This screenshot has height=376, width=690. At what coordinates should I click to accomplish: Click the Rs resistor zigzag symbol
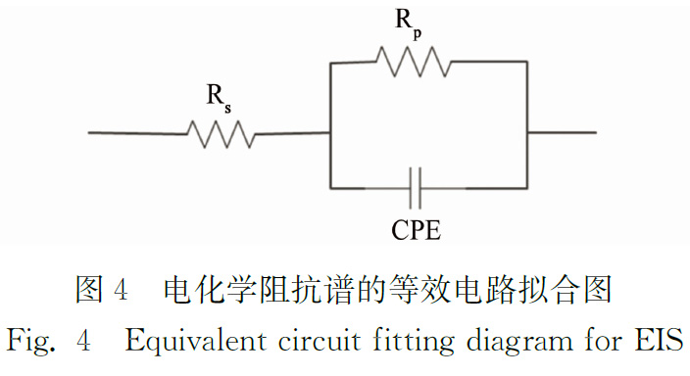(x=222, y=134)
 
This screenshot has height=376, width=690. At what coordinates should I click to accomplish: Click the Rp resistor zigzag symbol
(x=414, y=62)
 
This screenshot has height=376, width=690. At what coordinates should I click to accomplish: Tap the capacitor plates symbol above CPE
(x=415, y=188)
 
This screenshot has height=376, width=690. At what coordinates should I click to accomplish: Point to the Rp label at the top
(x=409, y=24)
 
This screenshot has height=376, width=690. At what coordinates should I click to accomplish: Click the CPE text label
(x=416, y=229)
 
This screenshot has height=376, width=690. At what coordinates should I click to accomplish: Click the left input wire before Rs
(x=137, y=133)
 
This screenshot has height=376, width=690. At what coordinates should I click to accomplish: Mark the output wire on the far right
(x=562, y=132)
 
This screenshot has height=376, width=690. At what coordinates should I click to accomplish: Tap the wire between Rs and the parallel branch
(x=293, y=133)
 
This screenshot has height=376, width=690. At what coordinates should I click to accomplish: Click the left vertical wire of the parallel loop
(x=330, y=125)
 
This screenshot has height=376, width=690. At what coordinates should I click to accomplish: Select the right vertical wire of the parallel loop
(x=527, y=125)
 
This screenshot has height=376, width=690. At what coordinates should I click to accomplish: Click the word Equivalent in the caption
(x=196, y=342)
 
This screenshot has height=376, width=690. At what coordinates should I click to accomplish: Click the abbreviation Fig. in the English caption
(x=30, y=342)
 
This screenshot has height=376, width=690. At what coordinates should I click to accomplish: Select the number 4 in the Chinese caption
(x=121, y=290)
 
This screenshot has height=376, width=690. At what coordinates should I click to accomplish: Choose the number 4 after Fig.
(x=83, y=341)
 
